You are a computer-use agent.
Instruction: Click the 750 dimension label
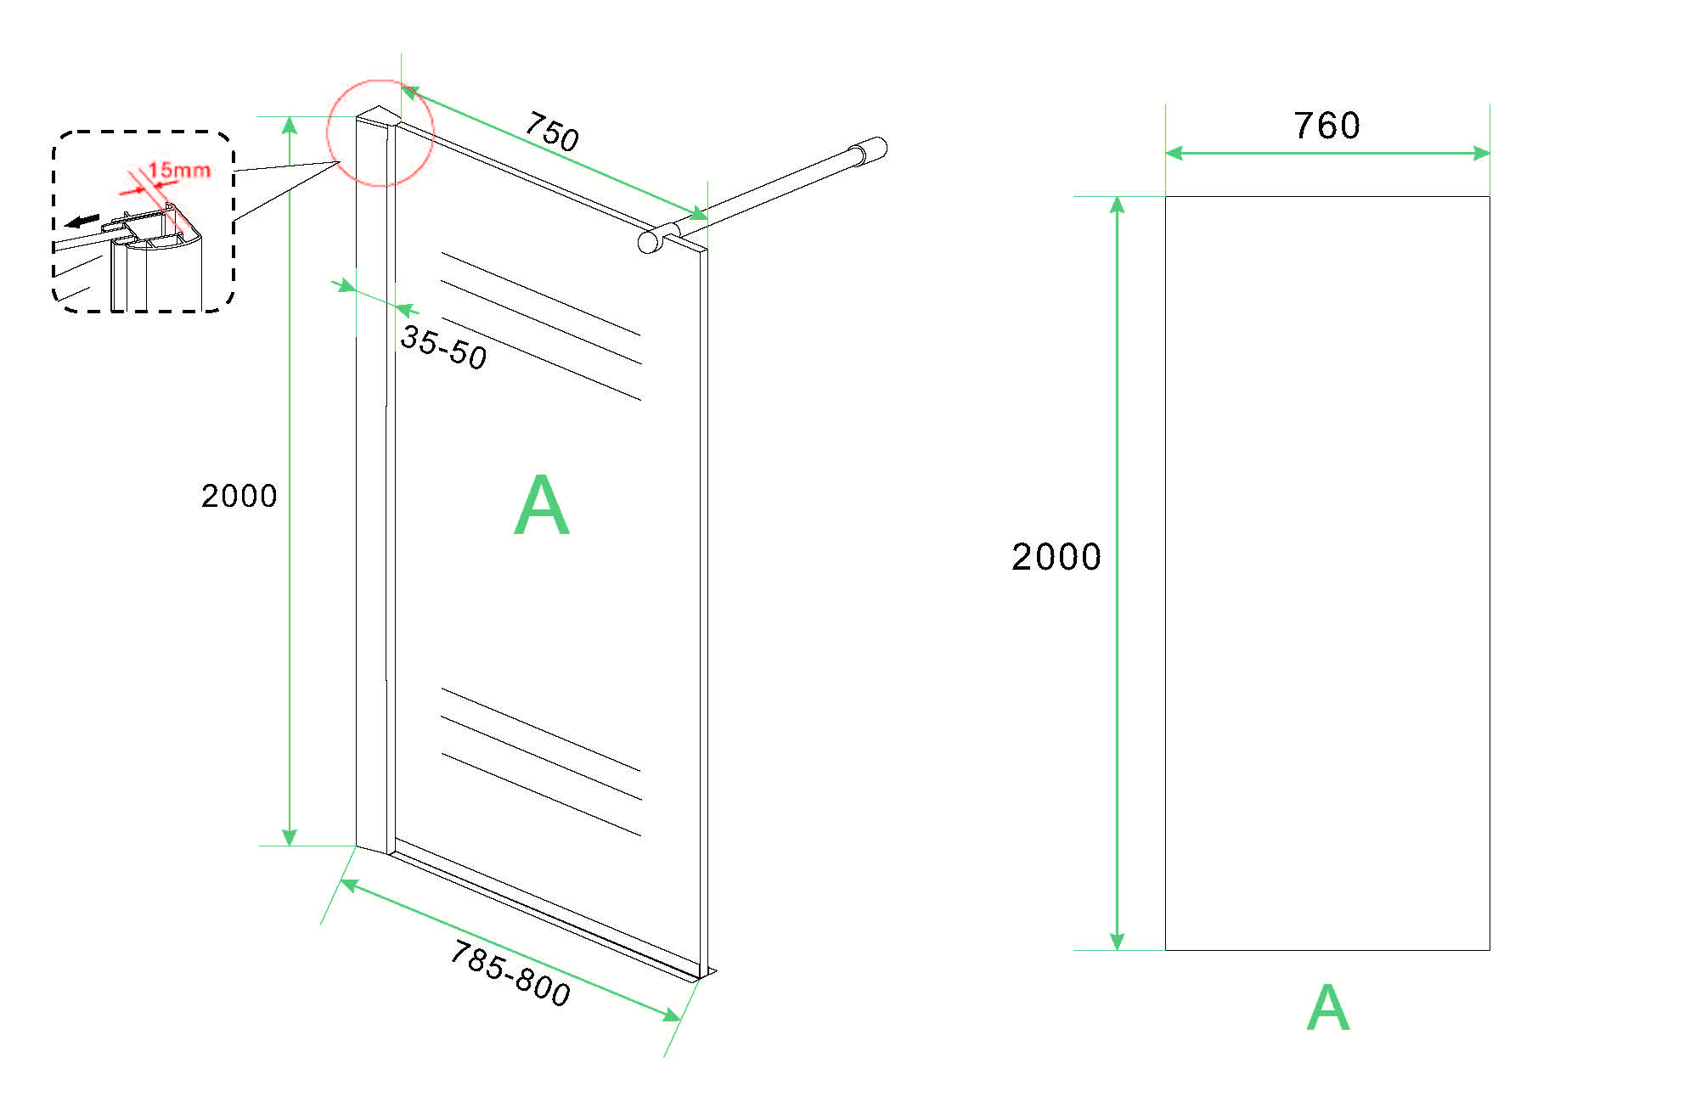pyautogui.click(x=552, y=132)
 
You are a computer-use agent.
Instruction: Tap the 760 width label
pyautogui.click(x=1326, y=126)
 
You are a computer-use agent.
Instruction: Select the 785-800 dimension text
pyautogui.click(x=510, y=973)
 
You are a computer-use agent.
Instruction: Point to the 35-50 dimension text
pyautogui.click(x=443, y=347)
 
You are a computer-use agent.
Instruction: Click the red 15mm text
pyautogui.click(x=179, y=170)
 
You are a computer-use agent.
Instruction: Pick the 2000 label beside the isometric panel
pyautogui.click(x=239, y=496)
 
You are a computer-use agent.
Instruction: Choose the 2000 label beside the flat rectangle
pyautogui.click(x=1056, y=557)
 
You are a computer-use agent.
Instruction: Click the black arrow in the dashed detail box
pyautogui.click(x=82, y=222)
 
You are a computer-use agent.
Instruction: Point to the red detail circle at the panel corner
pyautogui.click(x=380, y=132)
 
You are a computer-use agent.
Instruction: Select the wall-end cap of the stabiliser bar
pyautogui.click(x=875, y=149)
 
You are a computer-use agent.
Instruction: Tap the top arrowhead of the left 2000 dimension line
pyautogui.click(x=290, y=125)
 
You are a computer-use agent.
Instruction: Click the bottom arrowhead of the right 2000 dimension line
pyautogui.click(x=1118, y=942)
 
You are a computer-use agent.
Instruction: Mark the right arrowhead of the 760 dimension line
pyautogui.click(x=1482, y=154)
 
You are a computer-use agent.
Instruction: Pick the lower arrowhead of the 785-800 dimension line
pyautogui.click(x=672, y=1015)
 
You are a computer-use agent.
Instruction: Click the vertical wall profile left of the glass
pyautogui.click(x=371, y=484)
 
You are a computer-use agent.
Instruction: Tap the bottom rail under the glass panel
pyautogui.click(x=552, y=913)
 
